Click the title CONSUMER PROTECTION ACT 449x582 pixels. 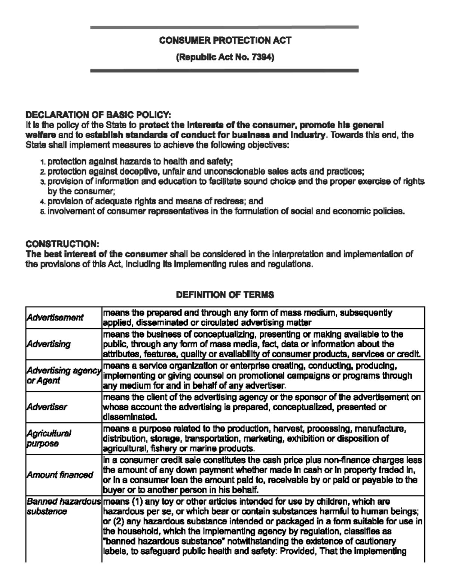pos(225,40)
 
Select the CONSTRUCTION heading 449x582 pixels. pos(62,244)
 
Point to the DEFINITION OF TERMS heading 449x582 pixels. pos(225,295)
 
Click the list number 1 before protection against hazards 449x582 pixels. pos(43,162)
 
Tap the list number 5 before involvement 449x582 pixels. pos(43,212)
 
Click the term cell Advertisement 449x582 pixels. pos(55,317)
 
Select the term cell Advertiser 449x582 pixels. pos(46,407)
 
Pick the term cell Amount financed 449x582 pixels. pos(59,475)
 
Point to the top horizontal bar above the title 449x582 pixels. pos(224,27)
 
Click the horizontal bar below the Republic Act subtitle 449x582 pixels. pos(224,70)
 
